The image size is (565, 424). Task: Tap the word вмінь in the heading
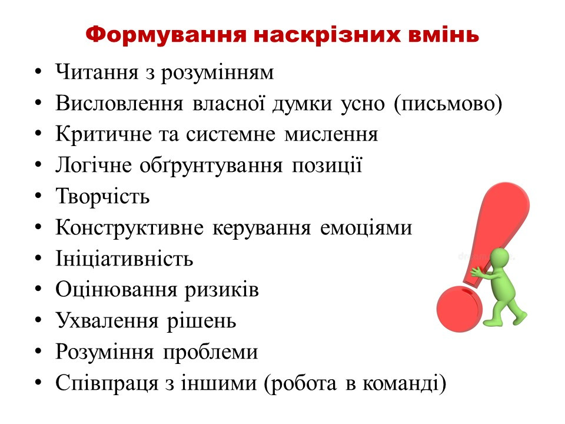(x=444, y=35)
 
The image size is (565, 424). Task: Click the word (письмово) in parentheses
(x=448, y=104)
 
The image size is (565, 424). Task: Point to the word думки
(x=302, y=104)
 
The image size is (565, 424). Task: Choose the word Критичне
(x=104, y=134)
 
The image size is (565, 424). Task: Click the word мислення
(x=331, y=134)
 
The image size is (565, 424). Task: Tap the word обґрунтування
(x=211, y=166)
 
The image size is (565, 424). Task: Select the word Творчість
(x=102, y=197)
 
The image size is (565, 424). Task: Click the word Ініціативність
(x=124, y=259)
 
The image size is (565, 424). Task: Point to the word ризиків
(x=222, y=290)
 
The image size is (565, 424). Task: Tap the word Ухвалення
(x=107, y=321)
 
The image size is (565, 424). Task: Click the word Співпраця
(x=107, y=383)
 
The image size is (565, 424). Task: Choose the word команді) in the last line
(x=404, y=383)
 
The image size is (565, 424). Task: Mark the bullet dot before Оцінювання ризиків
(x=39, y=289)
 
